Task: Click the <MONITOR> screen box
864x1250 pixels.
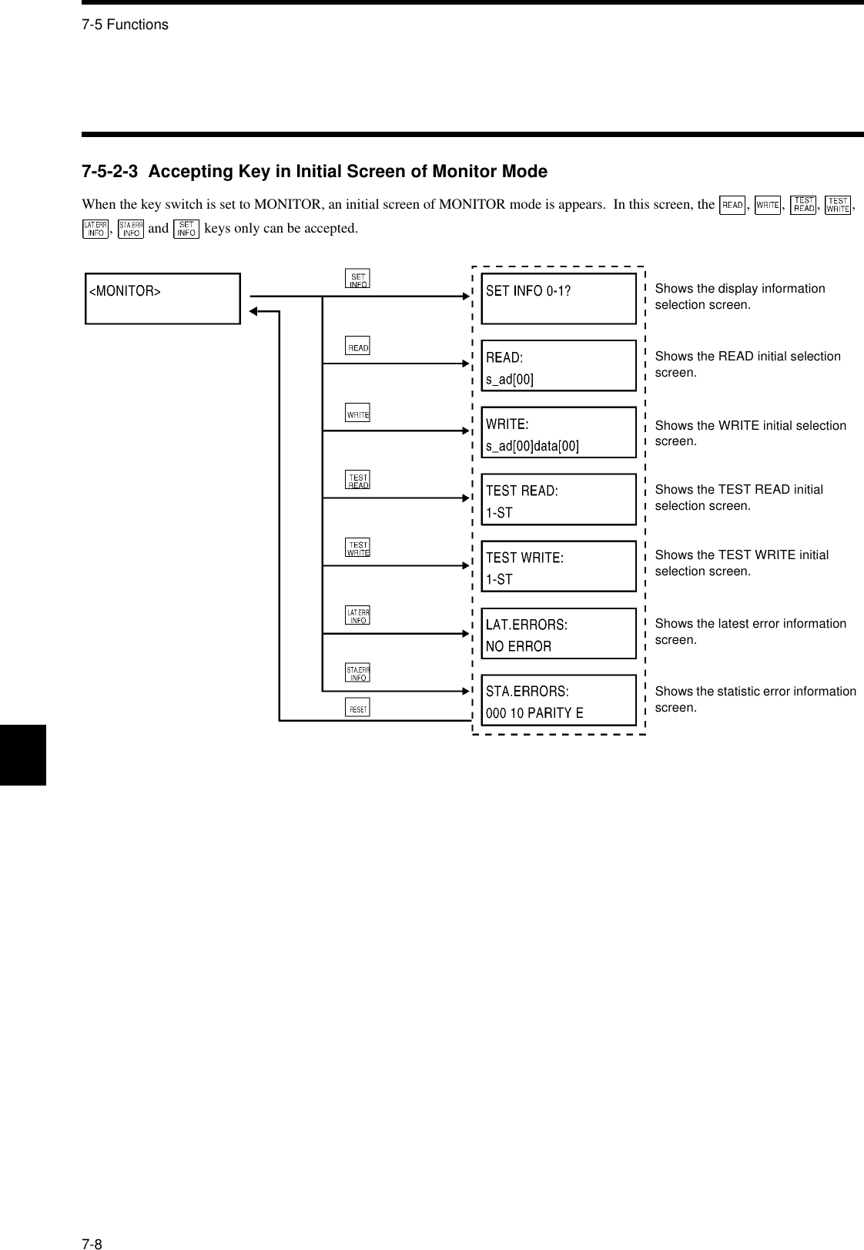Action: point(162,299)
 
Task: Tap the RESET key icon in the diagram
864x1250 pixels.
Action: point(358,708)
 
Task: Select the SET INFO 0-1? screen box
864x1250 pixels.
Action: point(558,299)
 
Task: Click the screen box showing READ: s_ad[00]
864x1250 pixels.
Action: point(558,366)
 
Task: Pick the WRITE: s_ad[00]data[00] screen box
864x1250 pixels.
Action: point(558,433)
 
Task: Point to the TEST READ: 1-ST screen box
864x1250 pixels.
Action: point(558,500)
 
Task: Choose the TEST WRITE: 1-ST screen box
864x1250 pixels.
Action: point(558,567)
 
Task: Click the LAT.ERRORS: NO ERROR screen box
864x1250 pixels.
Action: point(558,634)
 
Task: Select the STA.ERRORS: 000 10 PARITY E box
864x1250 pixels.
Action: point(558,701)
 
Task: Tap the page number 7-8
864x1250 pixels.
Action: point(92,1223)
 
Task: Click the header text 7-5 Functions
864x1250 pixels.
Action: point(125,25)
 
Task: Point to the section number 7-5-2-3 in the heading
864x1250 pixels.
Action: point(110,172)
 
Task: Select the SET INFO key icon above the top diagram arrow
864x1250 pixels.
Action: point(357,279)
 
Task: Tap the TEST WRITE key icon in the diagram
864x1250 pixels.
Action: point(358,548)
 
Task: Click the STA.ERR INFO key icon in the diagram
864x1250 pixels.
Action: point(358,673)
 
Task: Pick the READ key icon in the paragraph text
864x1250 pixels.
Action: point(732,205)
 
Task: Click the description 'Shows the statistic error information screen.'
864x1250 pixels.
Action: point(755,699)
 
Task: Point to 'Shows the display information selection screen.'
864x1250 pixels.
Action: point(739,297)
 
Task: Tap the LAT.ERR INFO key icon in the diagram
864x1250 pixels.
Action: point(358,615)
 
